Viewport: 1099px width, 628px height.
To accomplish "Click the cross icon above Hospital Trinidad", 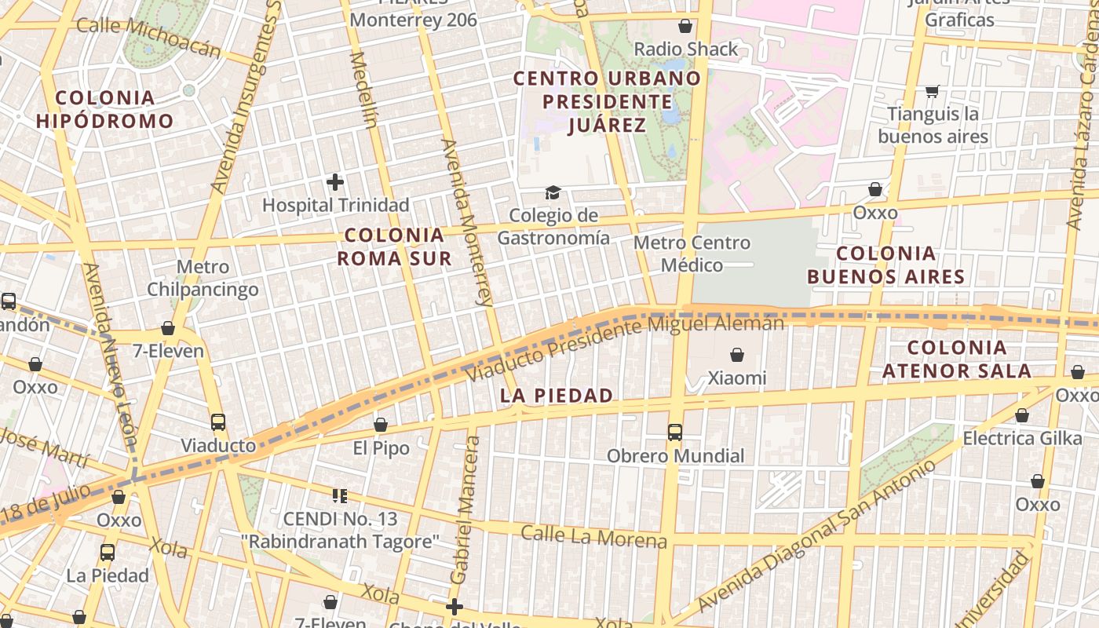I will point(335,183).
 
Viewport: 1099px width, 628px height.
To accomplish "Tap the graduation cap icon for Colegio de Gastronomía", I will point(553,193).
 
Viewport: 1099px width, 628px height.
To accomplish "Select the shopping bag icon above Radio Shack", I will point(685,26).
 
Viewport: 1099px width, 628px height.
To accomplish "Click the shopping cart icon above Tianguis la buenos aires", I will point(933,92).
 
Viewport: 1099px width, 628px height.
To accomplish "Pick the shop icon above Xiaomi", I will point(737,356).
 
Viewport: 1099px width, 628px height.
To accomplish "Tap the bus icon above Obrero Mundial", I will point(674,432).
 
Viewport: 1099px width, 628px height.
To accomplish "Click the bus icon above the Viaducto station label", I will point(218,422).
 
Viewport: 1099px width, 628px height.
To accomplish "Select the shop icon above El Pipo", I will point(381,425).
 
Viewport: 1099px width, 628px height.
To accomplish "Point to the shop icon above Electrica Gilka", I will point(1022,415).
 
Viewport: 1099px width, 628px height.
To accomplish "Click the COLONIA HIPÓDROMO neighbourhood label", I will point(104,109).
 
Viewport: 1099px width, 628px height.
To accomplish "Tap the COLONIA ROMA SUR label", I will point(394,246).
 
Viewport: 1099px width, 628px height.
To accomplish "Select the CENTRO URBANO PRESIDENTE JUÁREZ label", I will point(607,101).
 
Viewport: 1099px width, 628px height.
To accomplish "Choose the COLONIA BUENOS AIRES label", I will point(886,265).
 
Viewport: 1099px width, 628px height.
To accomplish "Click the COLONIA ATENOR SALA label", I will point(957,359).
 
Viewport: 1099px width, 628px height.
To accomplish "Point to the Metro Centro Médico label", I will point(692,254).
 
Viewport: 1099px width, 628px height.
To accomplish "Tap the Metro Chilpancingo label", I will point(203,278).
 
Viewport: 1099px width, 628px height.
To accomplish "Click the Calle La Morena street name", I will point(594,537).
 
